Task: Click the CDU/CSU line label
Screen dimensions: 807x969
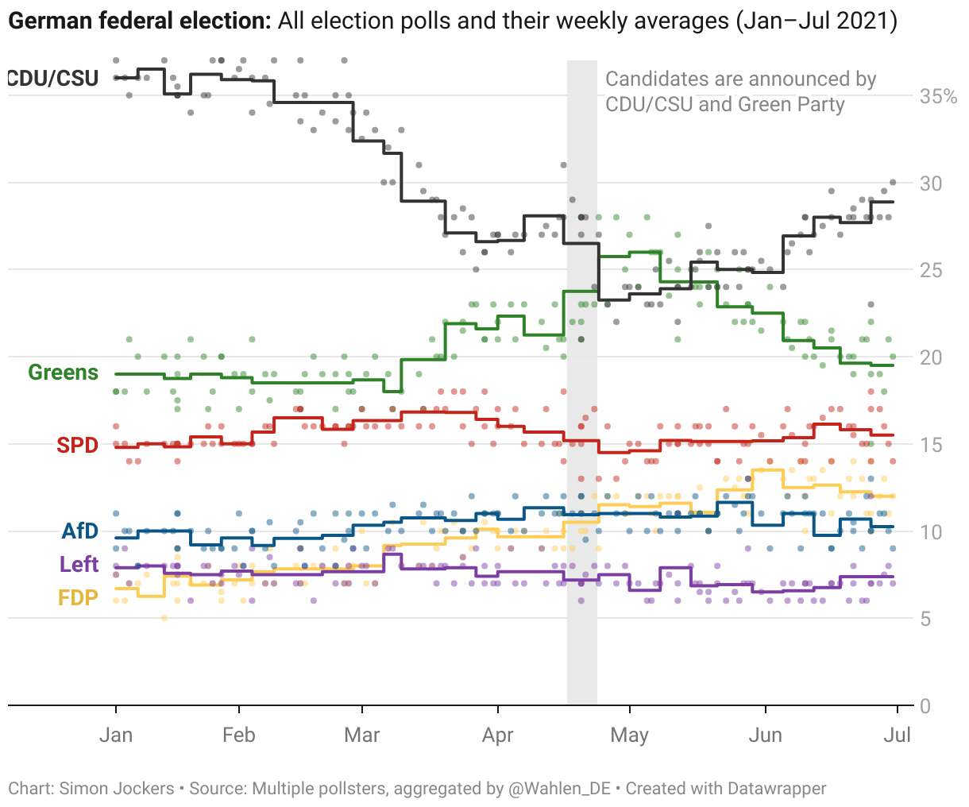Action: (x=53, y=78)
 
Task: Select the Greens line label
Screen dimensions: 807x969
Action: (x=64, y=373)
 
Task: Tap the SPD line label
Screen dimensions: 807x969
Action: (x=77, y=446)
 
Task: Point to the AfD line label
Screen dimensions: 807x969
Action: (x=80, y=531)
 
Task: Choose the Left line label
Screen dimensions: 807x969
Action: (x=79, y=565)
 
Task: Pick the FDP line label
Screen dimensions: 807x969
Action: (x=78, y=598)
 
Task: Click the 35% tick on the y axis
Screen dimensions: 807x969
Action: (x=938, y=97)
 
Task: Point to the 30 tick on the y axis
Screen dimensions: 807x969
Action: (x=931, y=183)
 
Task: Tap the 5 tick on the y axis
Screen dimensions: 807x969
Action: (x=926, y=619)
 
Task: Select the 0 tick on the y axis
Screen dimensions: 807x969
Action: (x=926, y=706)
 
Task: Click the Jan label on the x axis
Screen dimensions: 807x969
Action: (x=116, y=735)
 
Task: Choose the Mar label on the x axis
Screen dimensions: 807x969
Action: (x=362, y=735)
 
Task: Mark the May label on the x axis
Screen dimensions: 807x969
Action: (x=629, y=735)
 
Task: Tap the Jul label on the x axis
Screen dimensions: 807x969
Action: (x=897, y=735)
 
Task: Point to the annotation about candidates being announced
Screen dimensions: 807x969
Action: (x=740, y=91)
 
